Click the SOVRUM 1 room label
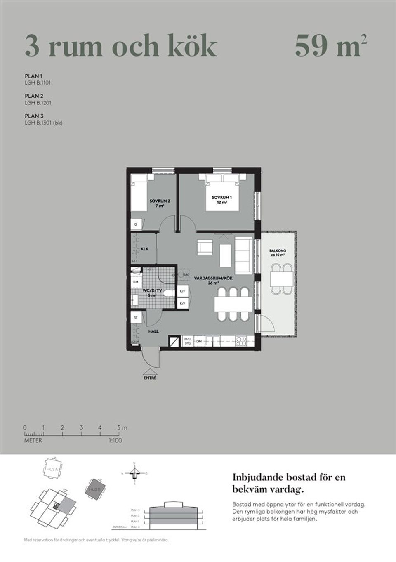[x=222, y=198]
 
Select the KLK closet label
[x=144, y=249]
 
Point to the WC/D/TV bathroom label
[x=149, y=290]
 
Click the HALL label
[x=153, y=331]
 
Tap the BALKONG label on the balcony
[x=278, y=251]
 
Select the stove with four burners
[x=241, y=341]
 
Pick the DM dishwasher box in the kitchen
[x=199, y=342]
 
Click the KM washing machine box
[x=135, y=281]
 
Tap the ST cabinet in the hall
[x=136, y=318]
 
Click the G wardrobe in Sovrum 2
[x=136, y=224]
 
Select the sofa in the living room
[x=243, y=256]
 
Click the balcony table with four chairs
[x=281, y=279]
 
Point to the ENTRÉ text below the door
[x=150, y=378]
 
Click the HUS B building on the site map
[x=96, y=489]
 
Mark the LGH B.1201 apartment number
[x=38, y=103]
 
